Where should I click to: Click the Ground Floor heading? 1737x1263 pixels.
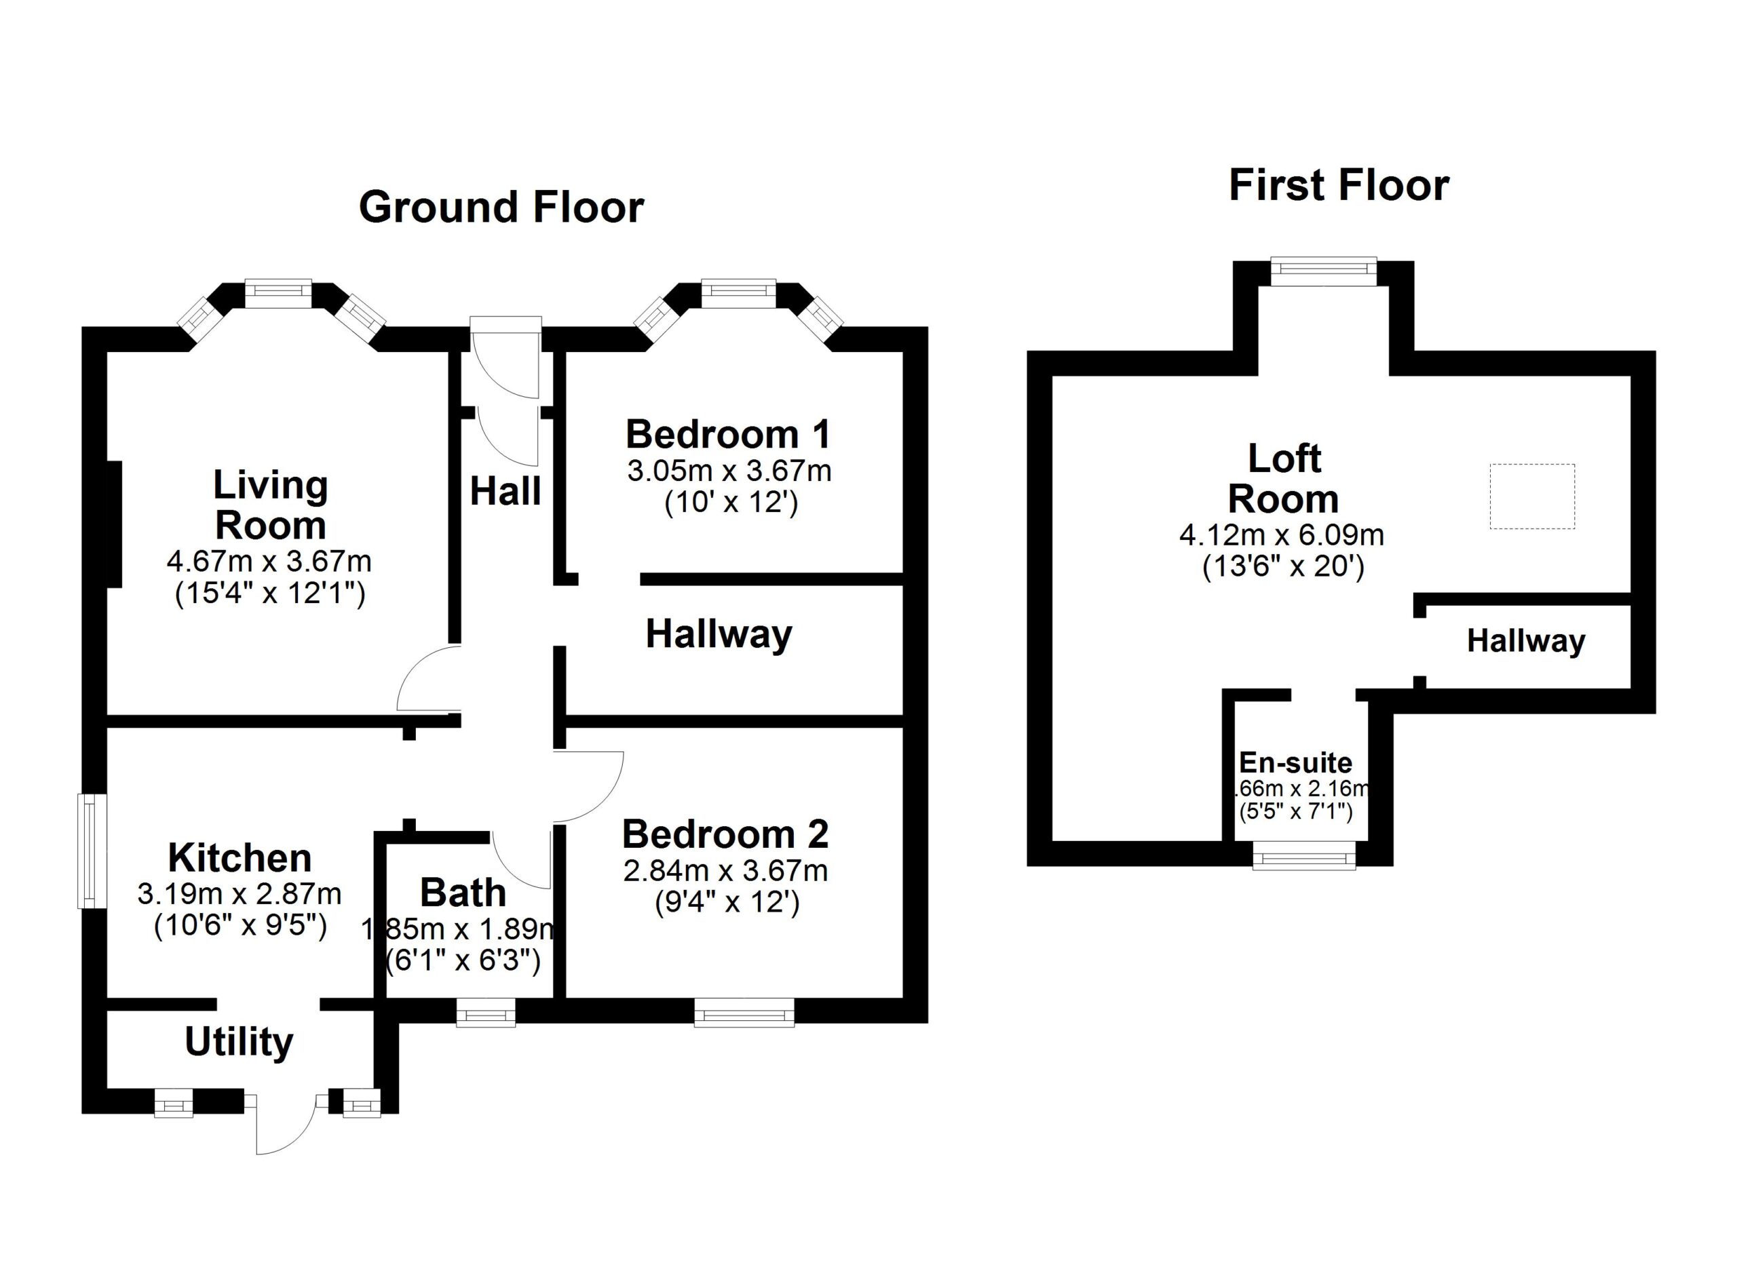501,208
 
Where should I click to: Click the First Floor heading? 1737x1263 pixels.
1338,186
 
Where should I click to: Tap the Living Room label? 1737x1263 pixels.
270,505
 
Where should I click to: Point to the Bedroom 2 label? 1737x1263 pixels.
725,834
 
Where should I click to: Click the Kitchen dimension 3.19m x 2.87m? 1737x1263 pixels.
239,893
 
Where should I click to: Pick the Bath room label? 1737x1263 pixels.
463,893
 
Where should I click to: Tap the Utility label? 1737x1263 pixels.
239,1042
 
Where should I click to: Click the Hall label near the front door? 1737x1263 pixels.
505,490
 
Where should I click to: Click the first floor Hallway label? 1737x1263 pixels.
1525,641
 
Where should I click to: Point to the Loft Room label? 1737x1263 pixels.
1284,479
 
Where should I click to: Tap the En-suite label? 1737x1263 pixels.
1295,762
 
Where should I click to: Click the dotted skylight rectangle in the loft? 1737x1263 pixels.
1531,496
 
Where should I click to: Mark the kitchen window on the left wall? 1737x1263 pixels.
91,851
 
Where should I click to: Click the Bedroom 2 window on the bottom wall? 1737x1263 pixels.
744,1015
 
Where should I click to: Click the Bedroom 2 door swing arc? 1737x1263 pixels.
588,787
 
